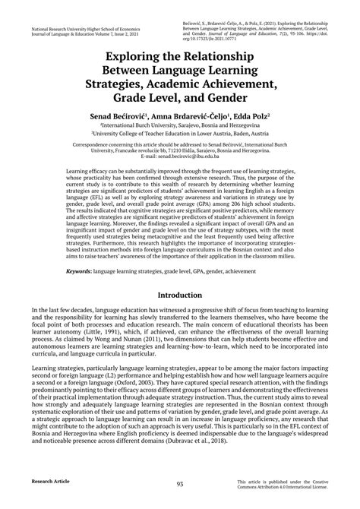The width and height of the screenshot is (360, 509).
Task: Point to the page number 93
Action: point(180,484)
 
